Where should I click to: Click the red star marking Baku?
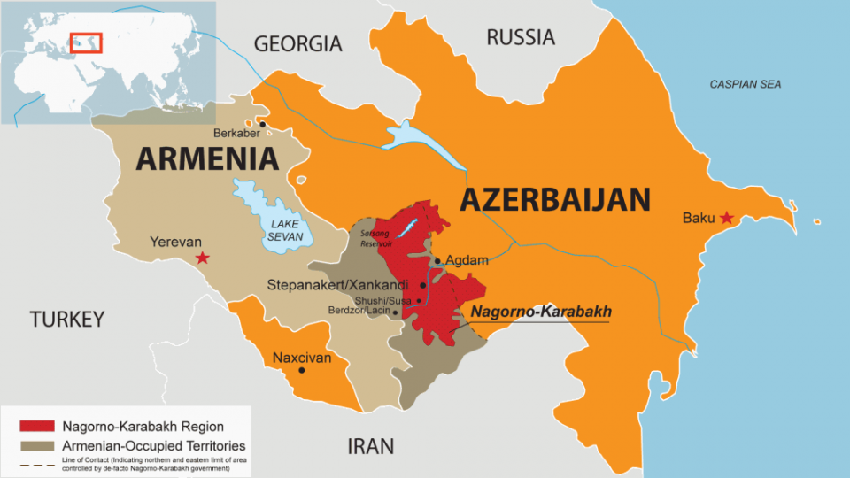[727, 218]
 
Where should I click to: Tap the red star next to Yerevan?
[203, 258]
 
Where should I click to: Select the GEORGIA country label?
[297, 43]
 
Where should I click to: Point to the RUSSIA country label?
[521, 37]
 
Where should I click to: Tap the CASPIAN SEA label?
[746, 84]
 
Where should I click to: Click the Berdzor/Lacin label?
[359, 312]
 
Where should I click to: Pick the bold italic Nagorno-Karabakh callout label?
[540, 312]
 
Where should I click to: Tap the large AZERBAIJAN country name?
[555, 200]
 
